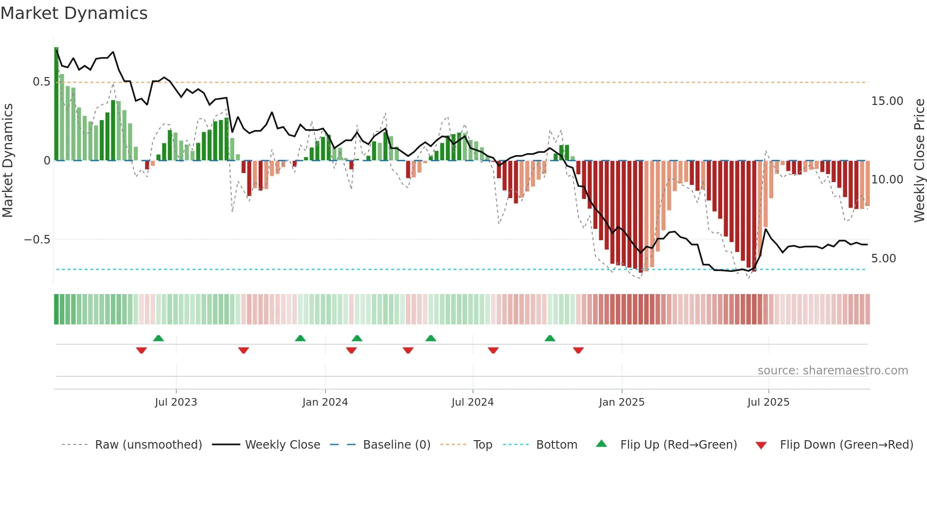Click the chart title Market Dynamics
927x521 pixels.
pos(74,13)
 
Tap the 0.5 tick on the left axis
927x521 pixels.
pos(41,82)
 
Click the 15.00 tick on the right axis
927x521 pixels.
pos(887,101)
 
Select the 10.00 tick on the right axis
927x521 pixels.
pos(887,180)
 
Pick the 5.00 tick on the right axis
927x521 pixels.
pos(883,259)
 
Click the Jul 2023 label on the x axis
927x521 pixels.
pos(176,402)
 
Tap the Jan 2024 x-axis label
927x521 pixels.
pos(325,402)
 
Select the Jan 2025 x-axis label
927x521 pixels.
pos(621,402)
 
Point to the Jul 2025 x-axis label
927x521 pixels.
pos(768,402)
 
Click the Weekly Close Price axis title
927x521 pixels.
pos(919,160)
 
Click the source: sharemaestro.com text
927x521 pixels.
pos(832,371)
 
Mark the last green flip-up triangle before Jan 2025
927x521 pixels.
pos(550,339)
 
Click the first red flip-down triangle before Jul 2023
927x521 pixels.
pos(141,350)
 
